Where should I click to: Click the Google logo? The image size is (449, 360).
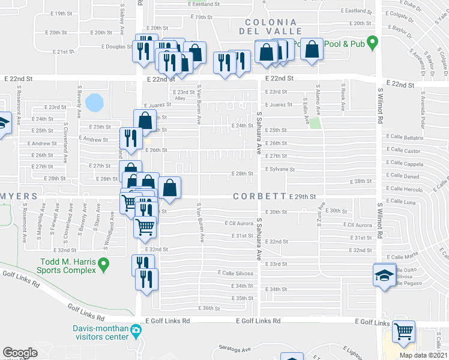[x=20, y=353]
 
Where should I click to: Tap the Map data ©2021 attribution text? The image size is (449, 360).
[x=423, y=355]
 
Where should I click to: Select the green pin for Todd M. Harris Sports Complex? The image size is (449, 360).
[x=103, y=263]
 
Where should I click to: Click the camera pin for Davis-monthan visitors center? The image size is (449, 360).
[x=136, y=330]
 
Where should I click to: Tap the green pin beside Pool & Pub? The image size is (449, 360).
[x=372, y=43]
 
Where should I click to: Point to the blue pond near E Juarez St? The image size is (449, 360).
[x=94, y=102]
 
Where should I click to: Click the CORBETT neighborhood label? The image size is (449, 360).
[x=259, y=196]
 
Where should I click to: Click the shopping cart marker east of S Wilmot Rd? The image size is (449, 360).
[x=404, y=331]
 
